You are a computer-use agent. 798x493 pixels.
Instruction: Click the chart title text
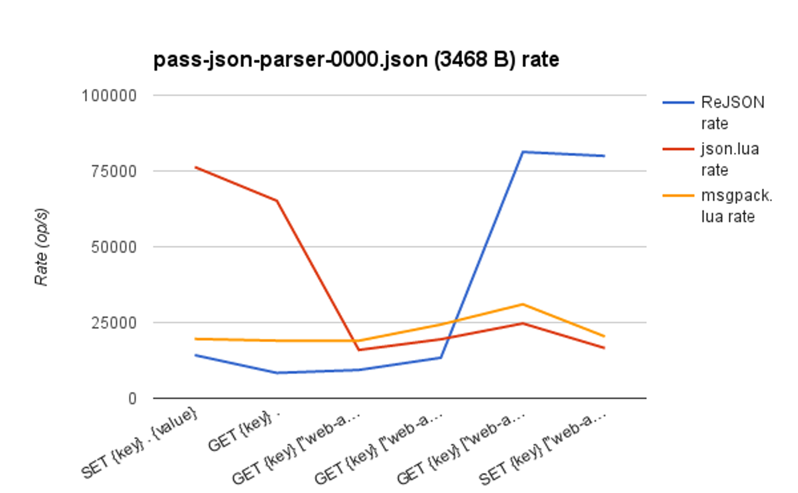pyautogui.click(x=356, y=60)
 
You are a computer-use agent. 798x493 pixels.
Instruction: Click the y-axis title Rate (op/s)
pyautogui.click(x=41, y=247)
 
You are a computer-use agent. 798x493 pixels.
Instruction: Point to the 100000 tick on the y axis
pyautogui.click(x=109, y=96)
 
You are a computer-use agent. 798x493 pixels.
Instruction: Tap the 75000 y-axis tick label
pyautogui.click(x=114, y=171)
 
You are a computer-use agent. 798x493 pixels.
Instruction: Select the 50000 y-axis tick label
pyautogui.click(x=114, y=247)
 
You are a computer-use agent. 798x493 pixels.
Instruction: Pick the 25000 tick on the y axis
pyautogui.click(x=114, y=323)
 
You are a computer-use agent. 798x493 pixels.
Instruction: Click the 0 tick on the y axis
pyautogui.click(x=132, y=399)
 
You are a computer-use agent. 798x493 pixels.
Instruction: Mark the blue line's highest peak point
pyautogui.click(x=523, y=151)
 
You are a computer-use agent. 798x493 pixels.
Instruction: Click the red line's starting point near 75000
pyautogui.click(x=195, y=167)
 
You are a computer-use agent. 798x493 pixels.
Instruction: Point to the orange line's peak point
pyautogui.click(x=523, y=304)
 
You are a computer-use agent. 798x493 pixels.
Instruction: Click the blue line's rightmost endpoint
pyautogui.click(x=604, y=156)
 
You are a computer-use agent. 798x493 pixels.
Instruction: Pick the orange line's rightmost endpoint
pyautogui.click(x=604, y=336)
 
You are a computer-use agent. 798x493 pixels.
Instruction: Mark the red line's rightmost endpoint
pyautogui.click(x=604, y=348)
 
